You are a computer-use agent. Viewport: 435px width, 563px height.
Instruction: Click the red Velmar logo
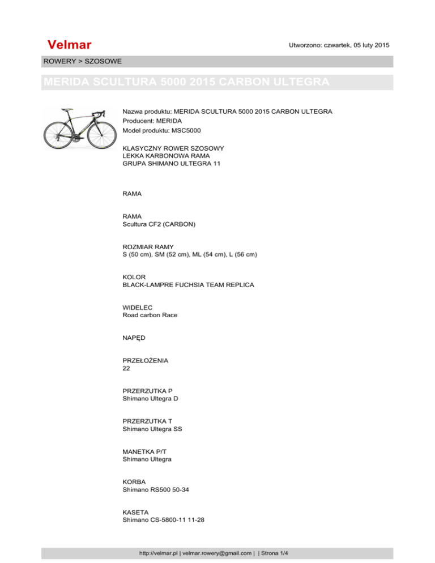coord(70,45)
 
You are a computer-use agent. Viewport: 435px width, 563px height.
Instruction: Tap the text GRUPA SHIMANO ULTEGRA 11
coord(172,164)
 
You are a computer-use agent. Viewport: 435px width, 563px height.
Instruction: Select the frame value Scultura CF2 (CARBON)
coord(159,224)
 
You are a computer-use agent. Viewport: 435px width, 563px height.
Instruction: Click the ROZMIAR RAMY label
coord(148,247)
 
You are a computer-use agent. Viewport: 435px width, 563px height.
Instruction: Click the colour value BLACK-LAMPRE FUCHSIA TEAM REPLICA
coord(188,285)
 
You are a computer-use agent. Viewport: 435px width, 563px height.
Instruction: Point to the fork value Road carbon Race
coord(150,315)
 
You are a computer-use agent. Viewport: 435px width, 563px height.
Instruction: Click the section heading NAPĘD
coord(134,338)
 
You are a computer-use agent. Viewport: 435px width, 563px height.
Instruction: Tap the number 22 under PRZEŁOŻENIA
coord(126,368)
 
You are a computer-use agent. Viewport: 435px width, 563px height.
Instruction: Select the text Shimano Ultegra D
coord(150,398)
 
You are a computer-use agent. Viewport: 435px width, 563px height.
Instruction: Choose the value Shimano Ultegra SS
coord(152,429)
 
